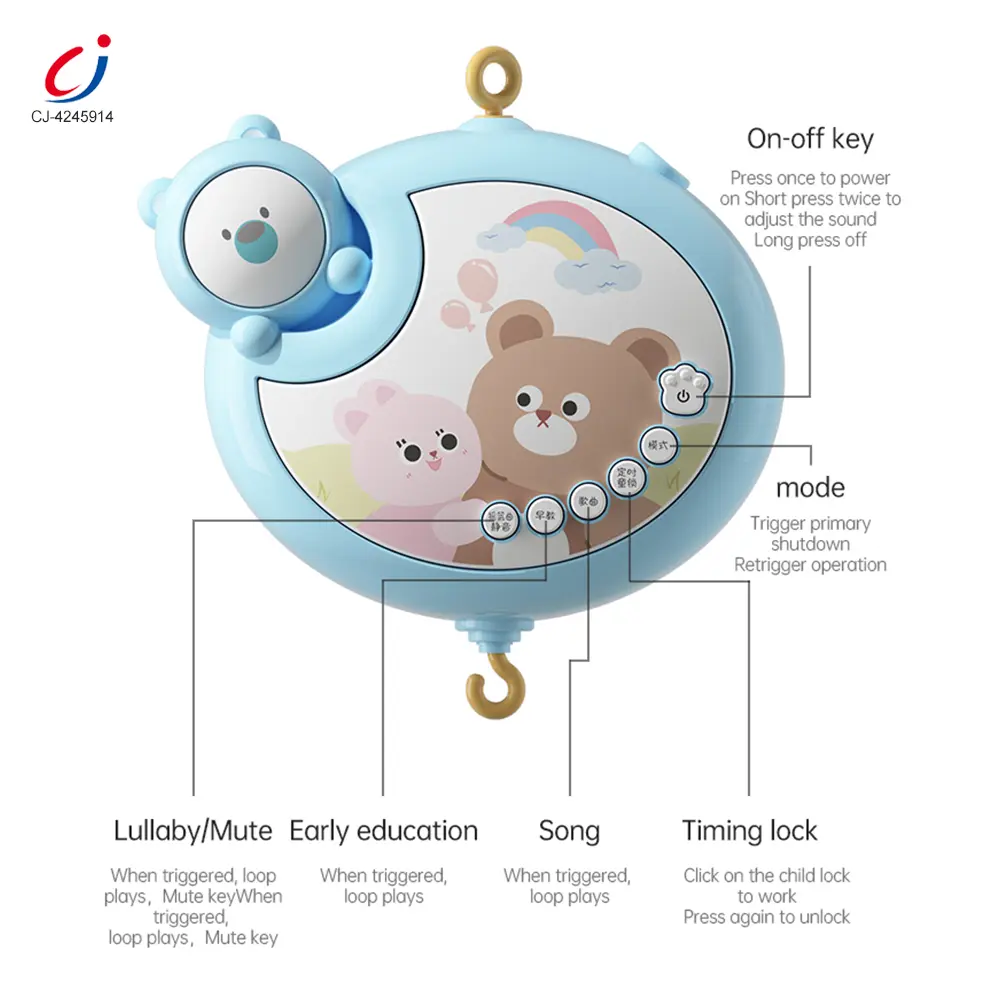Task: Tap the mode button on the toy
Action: [x=659, y=445]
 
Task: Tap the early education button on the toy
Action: [x=545, y=516]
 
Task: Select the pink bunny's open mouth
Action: [x=433, y=460]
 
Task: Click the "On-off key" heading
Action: [x=810, y=138]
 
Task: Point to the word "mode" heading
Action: [x=810, y=488]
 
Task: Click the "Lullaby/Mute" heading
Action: [x=193, y=830]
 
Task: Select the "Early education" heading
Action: [x=384, y=830]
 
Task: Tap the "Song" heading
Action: [x=569, y=830]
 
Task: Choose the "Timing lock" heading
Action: [x=750, y=830]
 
